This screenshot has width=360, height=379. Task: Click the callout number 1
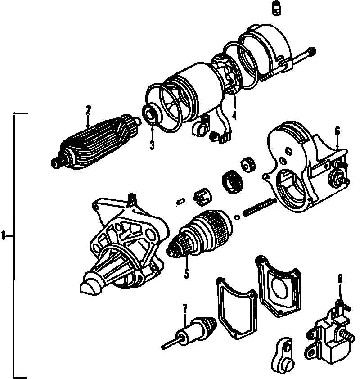tap(3, 235)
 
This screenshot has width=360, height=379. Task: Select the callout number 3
tap(152, 145)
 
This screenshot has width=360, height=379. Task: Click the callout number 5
tap(186, 273)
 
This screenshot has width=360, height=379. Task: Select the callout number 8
tap(340, 280)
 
